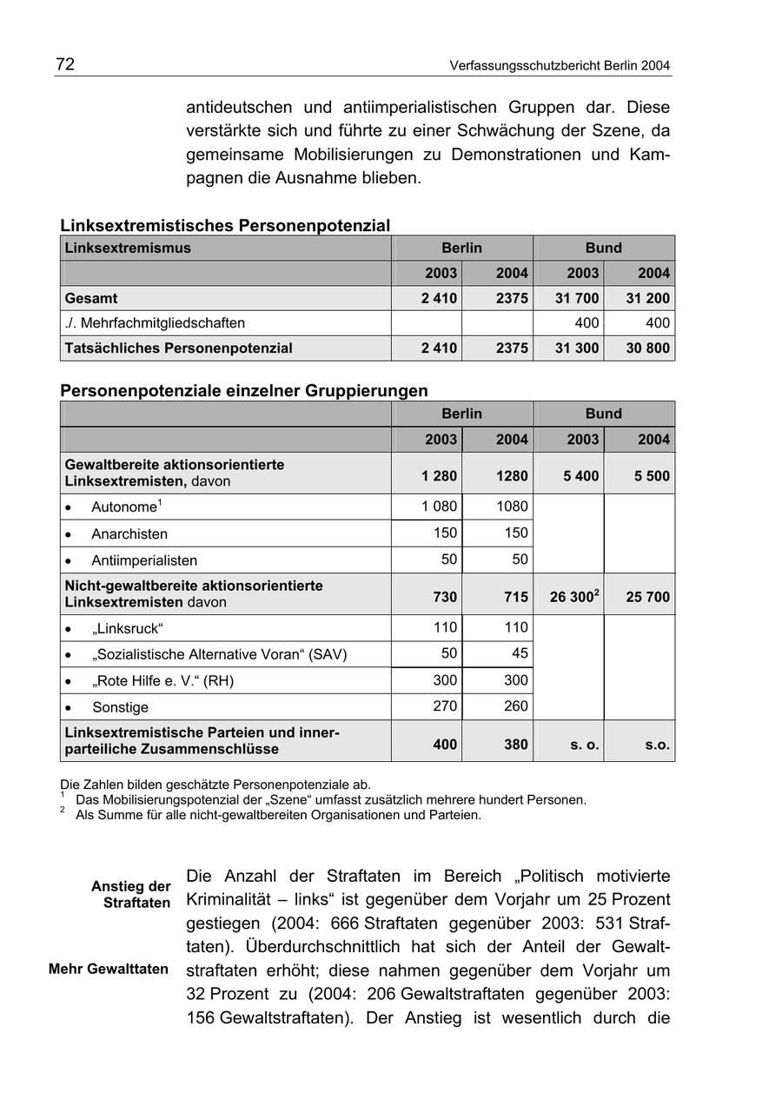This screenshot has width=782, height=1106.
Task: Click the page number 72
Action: click(65, 64)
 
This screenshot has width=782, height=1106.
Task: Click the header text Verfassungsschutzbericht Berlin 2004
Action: click(560, 66)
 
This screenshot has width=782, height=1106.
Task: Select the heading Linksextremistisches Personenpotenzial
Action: click(225, 226)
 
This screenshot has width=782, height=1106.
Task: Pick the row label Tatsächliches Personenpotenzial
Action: click(178, 348)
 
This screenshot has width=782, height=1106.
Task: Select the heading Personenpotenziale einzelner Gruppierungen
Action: click(244, 391)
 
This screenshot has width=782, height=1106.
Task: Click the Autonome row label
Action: click(124, 507)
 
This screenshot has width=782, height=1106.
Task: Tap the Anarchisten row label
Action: click(129, 534)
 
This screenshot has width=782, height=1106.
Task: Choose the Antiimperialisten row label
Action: click(144, 560)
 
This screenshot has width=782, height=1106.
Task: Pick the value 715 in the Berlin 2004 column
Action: click(514, 598)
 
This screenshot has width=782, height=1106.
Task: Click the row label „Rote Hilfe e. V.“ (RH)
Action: click(162, 681)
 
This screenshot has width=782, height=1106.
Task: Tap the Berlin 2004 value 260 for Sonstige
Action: click(515, 706)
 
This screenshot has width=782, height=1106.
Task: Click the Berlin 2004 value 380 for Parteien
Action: click(514, 745)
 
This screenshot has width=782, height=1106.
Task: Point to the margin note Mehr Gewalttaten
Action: click(109, 969)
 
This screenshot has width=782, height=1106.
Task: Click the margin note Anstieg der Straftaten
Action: click(131, 895)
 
